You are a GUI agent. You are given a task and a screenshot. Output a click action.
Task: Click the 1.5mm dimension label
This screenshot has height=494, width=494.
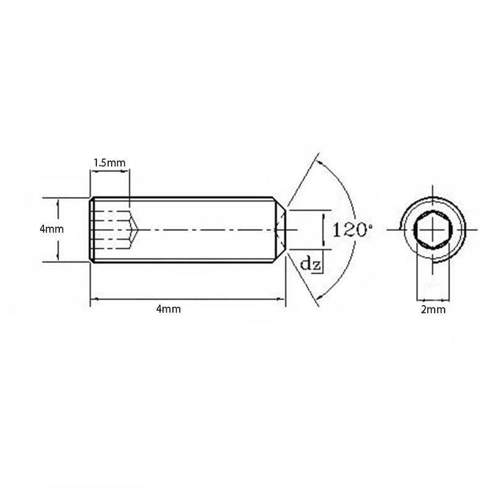coord(109,163)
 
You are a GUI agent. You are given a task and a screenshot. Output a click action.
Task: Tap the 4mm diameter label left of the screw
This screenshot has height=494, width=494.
coord(52,229)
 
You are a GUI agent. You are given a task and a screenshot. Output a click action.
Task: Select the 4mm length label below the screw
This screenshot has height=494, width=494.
coord(169,309)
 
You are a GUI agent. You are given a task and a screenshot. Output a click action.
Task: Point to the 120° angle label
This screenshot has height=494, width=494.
coord(353,230)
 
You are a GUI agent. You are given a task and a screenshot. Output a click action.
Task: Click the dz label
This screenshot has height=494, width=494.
coord(311,264)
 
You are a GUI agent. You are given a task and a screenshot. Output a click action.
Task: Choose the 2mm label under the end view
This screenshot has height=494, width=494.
coord(433,310)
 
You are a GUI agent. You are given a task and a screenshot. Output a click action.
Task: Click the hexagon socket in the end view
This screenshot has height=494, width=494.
coord(433,230)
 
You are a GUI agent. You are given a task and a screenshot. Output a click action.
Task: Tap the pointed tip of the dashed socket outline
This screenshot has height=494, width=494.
coord(138,230)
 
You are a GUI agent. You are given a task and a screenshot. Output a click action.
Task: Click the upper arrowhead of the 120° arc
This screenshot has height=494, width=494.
coord(320,163)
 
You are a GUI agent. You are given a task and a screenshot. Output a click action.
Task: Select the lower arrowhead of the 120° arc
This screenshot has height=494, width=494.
coord(320,296)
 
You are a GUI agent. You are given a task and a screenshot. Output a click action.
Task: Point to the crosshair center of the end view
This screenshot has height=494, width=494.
coord(433,230)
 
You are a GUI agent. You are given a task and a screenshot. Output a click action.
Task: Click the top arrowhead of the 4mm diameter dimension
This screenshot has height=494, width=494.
coord(57,202)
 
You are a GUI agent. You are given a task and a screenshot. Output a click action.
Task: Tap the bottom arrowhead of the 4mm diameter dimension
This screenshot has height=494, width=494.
coord(57,257)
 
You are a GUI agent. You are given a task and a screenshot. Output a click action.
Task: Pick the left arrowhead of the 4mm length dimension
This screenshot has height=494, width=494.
coord(94,299)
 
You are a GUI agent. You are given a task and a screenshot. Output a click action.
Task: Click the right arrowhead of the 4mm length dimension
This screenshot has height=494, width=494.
coord(282,299)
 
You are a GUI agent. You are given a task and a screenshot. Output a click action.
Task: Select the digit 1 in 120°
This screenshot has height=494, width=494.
coord(336,230)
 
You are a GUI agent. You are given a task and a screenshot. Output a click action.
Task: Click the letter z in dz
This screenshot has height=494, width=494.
coord(316,266)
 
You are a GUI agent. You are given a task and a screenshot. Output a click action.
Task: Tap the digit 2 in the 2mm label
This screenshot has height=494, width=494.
coord(424,310)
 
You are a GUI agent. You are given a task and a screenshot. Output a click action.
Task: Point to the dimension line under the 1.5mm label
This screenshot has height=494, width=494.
coord(110,172)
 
